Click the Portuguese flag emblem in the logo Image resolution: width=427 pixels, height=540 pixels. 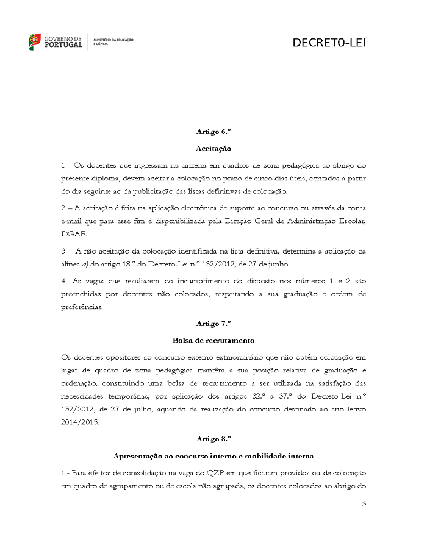35,42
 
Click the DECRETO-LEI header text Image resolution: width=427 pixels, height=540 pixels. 329,42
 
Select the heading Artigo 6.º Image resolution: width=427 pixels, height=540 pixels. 213,131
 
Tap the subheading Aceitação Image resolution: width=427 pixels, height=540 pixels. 213,148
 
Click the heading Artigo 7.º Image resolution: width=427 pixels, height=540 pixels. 213,323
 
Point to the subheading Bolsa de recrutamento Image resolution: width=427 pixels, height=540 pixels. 213,340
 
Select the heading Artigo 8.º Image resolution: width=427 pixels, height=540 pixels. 213,438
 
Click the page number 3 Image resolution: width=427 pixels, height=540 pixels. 364,504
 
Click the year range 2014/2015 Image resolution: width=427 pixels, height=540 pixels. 82,422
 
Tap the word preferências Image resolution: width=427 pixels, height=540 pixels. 82,307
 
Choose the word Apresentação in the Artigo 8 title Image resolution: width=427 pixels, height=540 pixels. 140,456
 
